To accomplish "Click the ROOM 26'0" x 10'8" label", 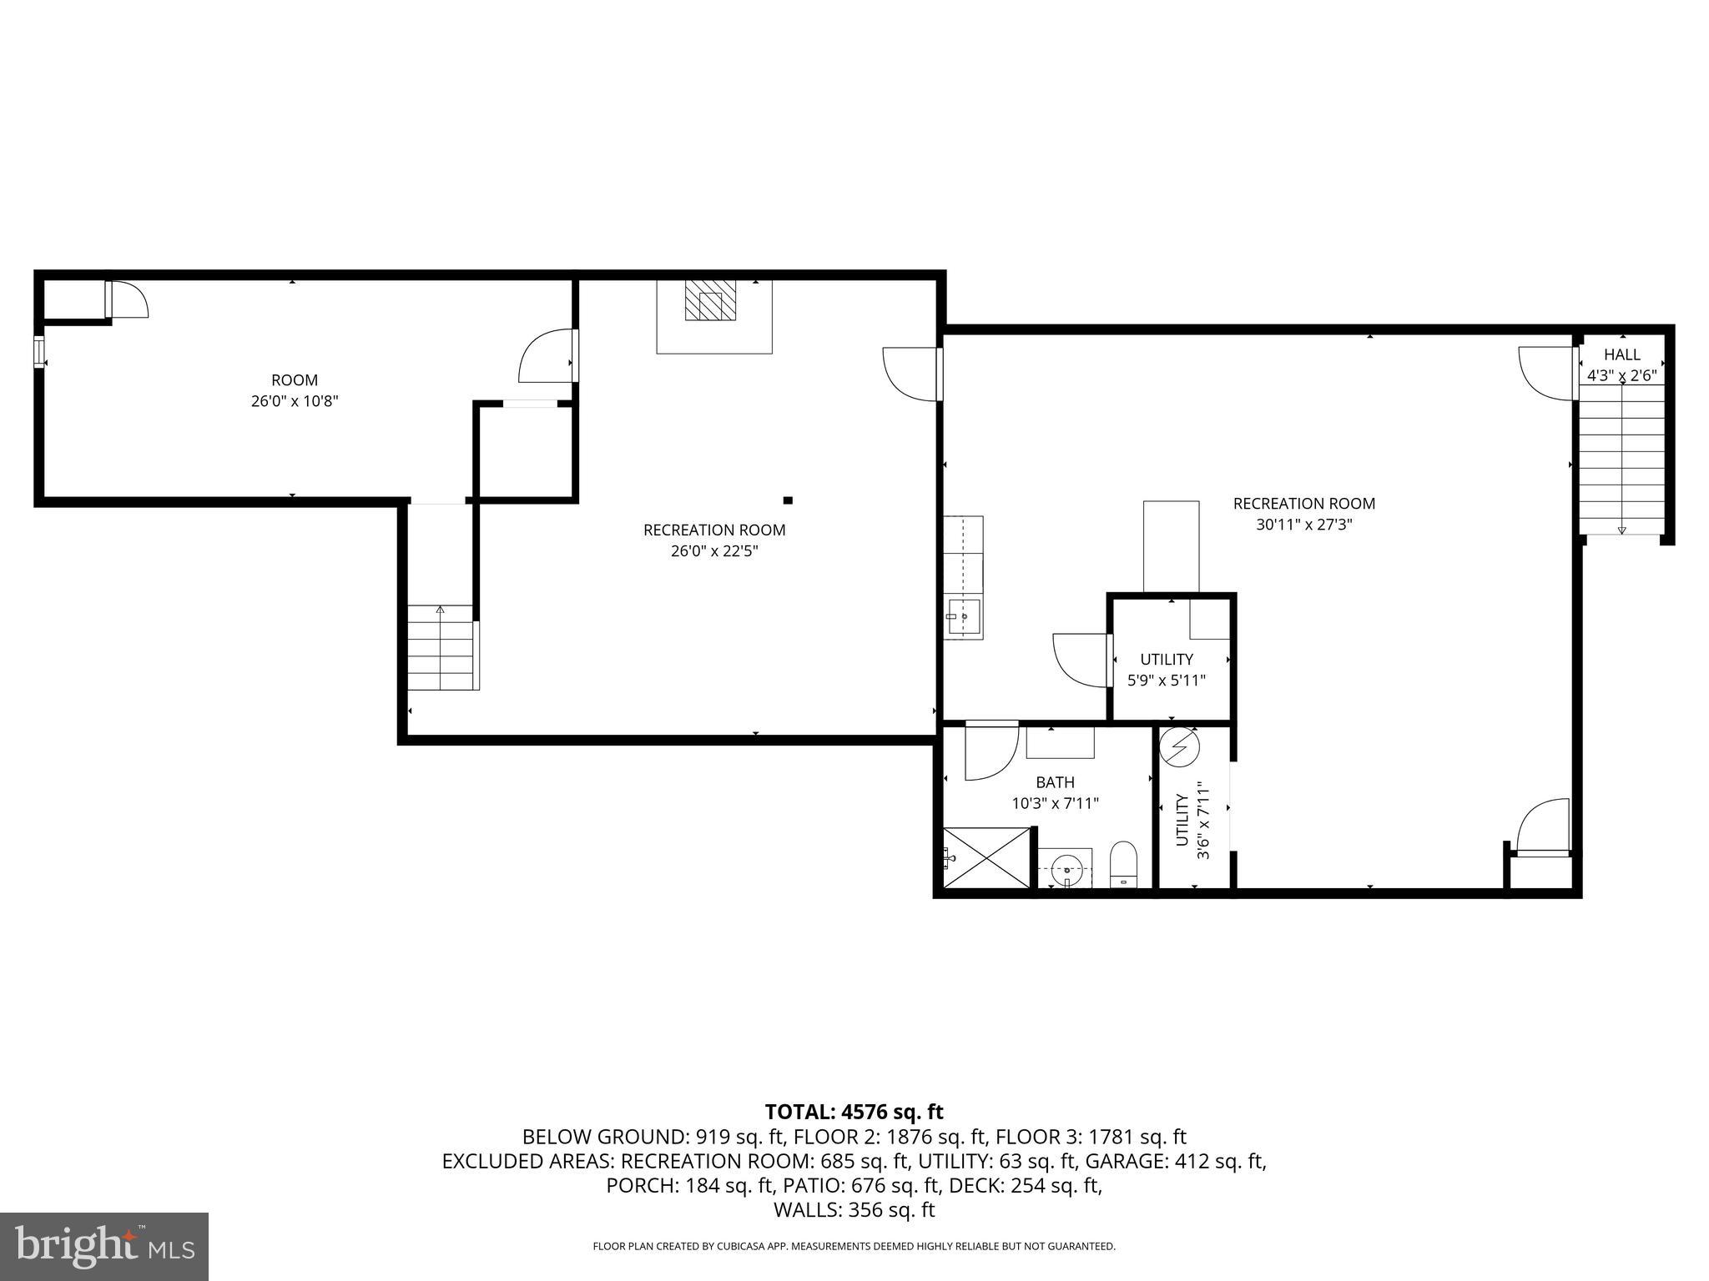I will (294, 390).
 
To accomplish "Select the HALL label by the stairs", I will (1621, 354).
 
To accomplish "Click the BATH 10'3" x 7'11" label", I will (1055, 793).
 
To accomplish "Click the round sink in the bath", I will (1066, 867).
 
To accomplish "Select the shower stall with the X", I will (987, 857).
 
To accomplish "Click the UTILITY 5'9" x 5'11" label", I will (1167, 670).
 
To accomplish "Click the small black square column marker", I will (787, 500).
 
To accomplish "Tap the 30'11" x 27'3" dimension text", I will (1303, 525).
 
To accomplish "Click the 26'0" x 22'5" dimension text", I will (714, 551).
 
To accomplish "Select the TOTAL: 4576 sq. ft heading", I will (854, 1112).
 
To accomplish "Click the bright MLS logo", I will (104, 1246).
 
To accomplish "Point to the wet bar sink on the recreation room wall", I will (963, 618).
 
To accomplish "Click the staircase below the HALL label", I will (1621, 467).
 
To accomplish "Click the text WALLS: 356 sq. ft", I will (854, 1210).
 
